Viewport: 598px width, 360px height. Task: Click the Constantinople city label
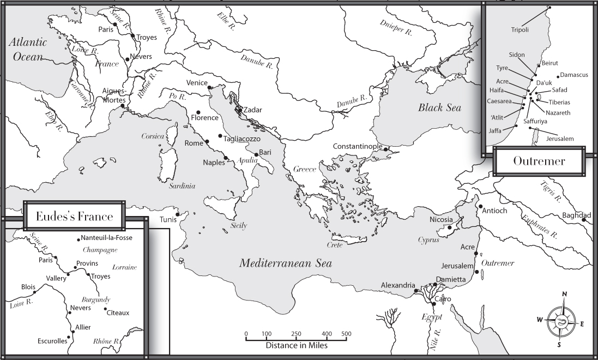click(x=358, y=147)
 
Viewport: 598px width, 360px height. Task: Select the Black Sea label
click(x=439, y=107)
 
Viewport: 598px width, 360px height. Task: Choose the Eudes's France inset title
click(x=74, y=217)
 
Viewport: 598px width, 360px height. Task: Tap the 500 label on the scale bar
click(x=346, y=333)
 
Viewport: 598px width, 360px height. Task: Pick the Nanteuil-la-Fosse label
click(x=106, y=238)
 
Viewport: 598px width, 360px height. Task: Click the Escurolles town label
click(x=52, y=341)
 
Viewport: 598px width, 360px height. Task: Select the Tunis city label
click(x=168, y=220)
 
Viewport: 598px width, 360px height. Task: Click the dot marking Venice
click(x=210, y=87)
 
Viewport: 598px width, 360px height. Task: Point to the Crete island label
click(x=334, y=245)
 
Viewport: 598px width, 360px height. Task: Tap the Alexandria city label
click(x=398, y=285)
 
